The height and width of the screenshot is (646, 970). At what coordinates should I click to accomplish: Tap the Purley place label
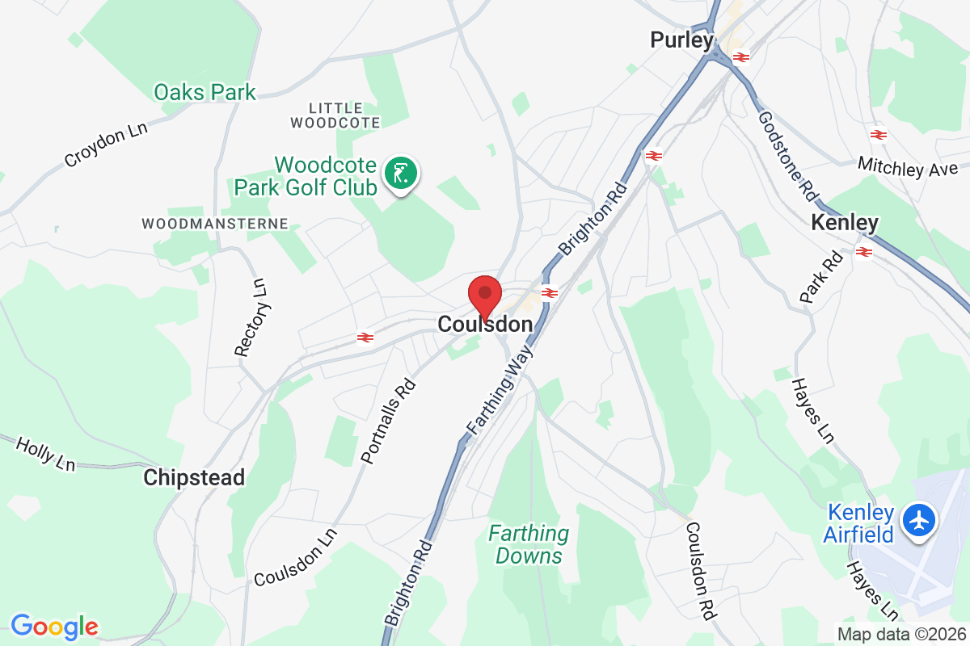(682, 40)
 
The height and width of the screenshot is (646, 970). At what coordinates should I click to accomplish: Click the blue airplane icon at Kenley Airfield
(918, 519)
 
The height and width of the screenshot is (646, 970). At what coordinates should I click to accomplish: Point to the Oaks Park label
(205, 92)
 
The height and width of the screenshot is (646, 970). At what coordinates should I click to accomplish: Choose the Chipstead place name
(194, 478)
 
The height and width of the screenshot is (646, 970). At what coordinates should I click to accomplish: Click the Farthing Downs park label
(529, 544)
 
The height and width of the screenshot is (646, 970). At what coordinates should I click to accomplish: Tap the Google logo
(54, 626)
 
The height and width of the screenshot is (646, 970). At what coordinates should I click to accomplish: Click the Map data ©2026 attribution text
(900, 634)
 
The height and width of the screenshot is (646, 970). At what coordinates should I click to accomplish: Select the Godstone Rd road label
(786, 157)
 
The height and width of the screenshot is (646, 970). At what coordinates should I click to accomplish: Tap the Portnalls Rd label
(389, 422)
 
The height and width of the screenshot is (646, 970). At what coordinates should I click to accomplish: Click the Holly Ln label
(45, 453)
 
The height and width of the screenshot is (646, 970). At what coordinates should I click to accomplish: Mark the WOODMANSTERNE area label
(214, 223)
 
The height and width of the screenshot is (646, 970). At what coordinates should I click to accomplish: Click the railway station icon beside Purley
(740, 57)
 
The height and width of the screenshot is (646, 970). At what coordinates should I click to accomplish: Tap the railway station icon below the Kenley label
(863, 252)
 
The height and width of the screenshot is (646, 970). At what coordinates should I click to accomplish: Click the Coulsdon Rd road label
(700, 570)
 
